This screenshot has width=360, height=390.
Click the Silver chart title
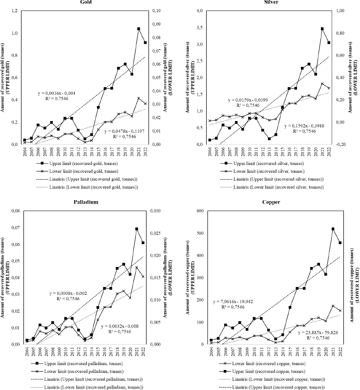[267, 2]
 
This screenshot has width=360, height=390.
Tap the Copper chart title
[267, 202]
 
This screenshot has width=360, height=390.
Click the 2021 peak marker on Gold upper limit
[139, 29]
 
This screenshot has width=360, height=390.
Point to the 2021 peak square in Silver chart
[322, 29]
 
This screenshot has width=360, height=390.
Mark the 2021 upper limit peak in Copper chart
[319, 229]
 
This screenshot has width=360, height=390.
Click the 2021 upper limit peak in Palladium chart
[137, 229]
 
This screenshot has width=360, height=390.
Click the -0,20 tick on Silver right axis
[342, 144]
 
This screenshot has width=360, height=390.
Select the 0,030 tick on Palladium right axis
[158, 211]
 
